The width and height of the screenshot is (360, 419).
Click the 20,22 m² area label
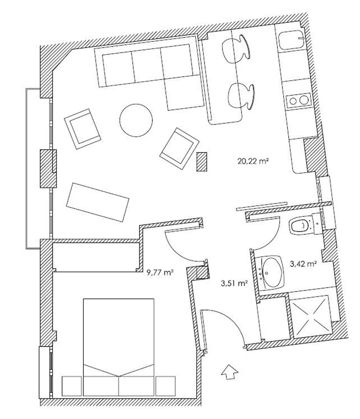[x=253, y=161]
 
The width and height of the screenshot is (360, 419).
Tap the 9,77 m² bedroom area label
[x=160, y=272]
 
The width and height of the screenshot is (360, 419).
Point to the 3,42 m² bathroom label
[x=303, y=264]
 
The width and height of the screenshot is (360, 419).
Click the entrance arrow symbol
[x=230, y=371]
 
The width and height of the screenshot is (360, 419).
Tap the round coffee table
[x=136, y=120]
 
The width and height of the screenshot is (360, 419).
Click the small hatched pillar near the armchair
[x=201, y=161]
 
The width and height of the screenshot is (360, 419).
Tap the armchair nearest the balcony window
[x=82, y=129]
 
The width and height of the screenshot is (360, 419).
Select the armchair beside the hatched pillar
[x=179, y=148]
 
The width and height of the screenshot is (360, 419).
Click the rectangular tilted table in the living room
[x=97, y=202]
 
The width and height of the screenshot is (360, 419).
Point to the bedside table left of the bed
[x=72, y=386]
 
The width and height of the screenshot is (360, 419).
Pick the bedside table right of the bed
[x=166, y=386]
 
